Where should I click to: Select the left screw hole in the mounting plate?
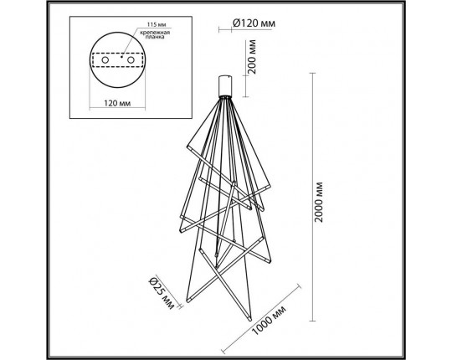click(104, 61)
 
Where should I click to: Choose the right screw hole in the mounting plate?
click(131, 61)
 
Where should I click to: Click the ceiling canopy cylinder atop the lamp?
click(223, 85)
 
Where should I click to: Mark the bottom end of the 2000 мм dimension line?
click(312, 320)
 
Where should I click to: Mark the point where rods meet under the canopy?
click(223, 100)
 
